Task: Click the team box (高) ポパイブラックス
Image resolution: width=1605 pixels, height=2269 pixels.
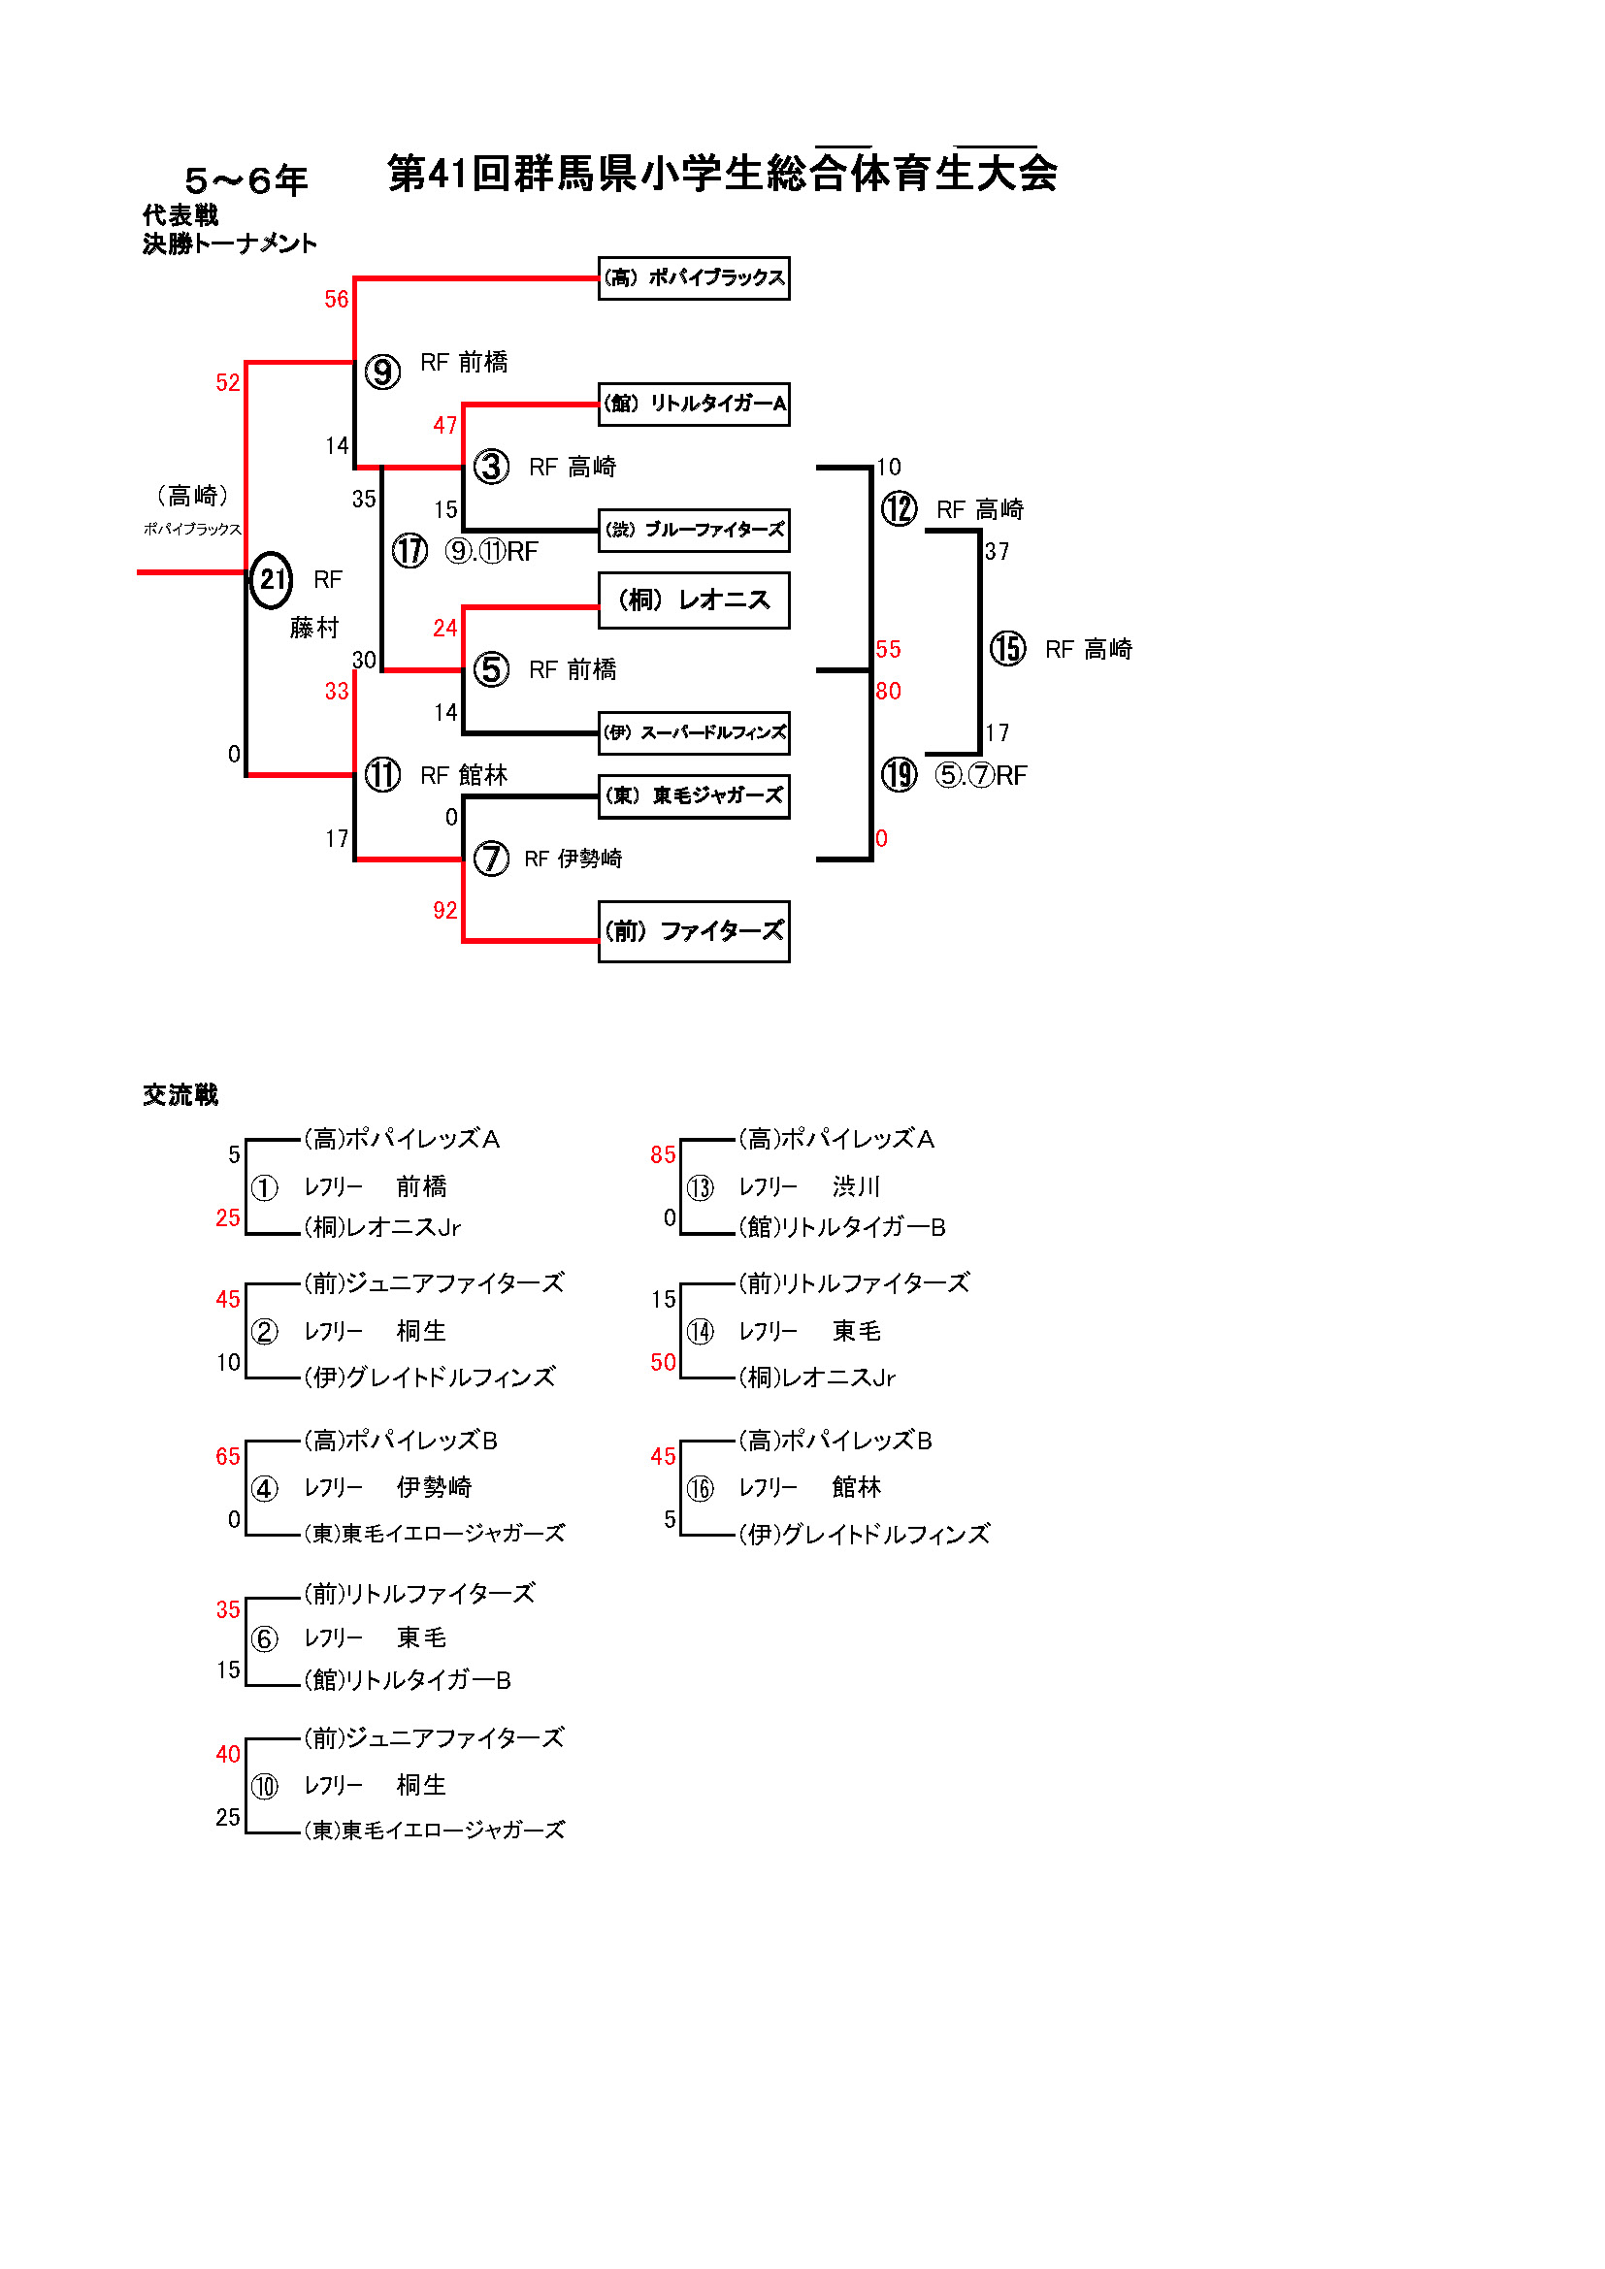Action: pyautogui.click(x=694, y=277)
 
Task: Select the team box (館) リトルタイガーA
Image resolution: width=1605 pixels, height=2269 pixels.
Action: pyautogui.click(x=694, y=405)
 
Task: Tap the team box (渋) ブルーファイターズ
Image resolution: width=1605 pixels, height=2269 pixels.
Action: pyautogui.click(x=694, y=530)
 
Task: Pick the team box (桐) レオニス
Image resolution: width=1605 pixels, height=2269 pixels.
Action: pyautogui.click(x=694, y=600)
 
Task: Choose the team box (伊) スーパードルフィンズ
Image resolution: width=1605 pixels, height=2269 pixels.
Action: pyautogui.click(x=694, y=732)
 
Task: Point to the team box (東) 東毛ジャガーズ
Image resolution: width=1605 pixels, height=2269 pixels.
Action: pyautogui.click(x=694, y=795)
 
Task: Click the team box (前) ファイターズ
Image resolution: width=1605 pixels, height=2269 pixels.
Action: pyautogui.click(x=694, y=931)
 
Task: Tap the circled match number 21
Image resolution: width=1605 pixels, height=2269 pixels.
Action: pyautogui.click(x=271, y=580)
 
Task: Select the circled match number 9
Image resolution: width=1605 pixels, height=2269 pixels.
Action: pyautogui.click(x=382, y=373)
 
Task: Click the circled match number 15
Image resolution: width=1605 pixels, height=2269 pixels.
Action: pyautogui.click(x=1008, y=649)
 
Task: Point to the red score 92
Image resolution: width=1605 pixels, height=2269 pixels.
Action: pyautogui.click(x=444, y=910)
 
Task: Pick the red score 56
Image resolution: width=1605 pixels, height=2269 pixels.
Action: pyautogui.click(x=336, y=300)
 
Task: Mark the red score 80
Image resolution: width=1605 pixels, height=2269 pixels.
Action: pyautogui.click(x=888, y=691)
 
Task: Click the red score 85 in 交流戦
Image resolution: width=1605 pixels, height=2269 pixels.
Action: pyautogui.click(x=662, y=1154)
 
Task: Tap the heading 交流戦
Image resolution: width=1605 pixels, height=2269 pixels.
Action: pyautogui.click(x=180, y=1094)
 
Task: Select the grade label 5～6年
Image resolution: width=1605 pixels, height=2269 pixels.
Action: pyautogui.click(x=246, y=180)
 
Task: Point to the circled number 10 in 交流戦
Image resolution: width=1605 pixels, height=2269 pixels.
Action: pyautogui.click(x=264, y=1786)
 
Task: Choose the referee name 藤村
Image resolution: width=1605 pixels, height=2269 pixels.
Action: pyautogui.click(x=314, y=628)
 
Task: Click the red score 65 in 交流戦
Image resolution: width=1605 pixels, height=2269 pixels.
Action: pyautogui.click(x=227, y=1456)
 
